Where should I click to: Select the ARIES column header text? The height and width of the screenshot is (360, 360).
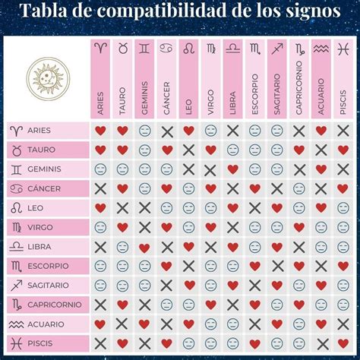pyautogui.click(x=100, y=102)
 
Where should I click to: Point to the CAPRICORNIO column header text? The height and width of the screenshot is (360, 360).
pyautogui.click(x=299, y=93)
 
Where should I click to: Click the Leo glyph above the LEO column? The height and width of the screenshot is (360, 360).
pyautogui.click(x=188, y=49)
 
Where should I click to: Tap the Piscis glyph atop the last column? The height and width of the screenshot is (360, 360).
pyautogui.click(x=343, y=49)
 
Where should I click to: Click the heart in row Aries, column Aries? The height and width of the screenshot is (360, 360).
pyautogui.click(x=100, y=131)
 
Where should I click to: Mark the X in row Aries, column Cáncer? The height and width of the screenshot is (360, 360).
pyautogui.click(x=166, y=131)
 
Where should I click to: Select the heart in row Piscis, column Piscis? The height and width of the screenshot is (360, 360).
pyautogui.click(x=343, y=344)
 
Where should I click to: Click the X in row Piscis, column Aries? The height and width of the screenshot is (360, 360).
pyautogui.click(x=100, y=344)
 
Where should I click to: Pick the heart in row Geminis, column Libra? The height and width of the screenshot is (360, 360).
pyautogui.click(x=232, y=169)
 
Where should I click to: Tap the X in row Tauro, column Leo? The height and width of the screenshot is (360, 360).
pyautogui.click(x=188, y=150)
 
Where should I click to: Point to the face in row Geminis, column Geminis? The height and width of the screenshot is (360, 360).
pyautogui.click(x=144, y=169)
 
